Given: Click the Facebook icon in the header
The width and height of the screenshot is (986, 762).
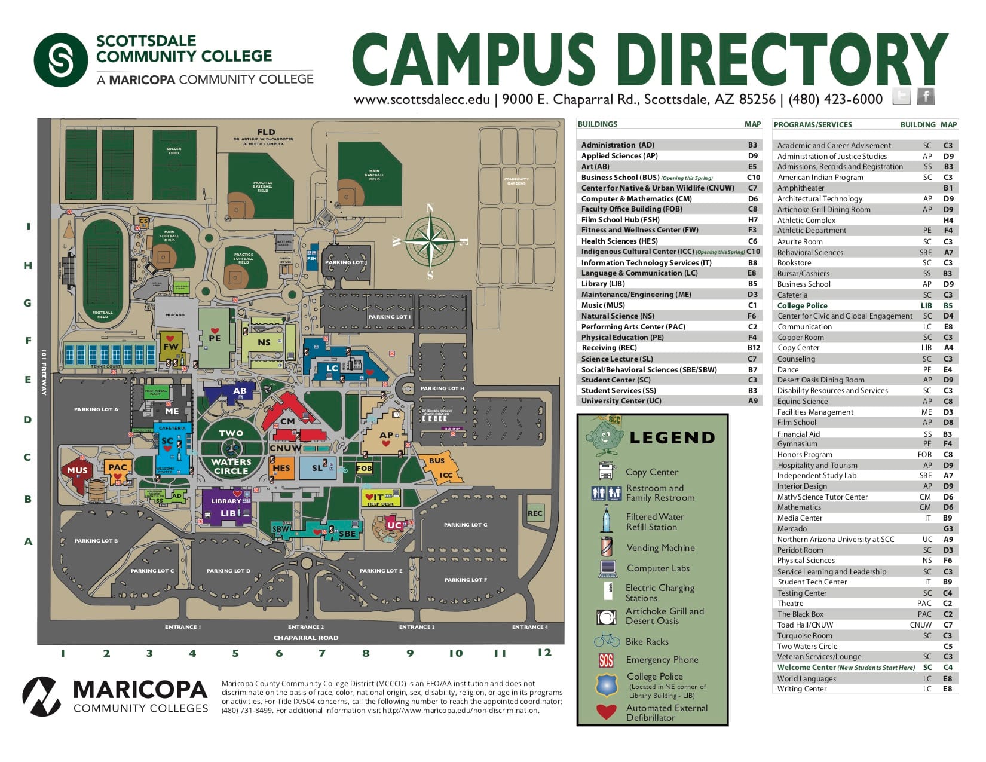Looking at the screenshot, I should (925, 96).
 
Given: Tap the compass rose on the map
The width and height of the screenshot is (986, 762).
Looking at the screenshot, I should (430, 241).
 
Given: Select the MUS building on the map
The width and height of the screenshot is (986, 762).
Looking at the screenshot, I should (77, 471).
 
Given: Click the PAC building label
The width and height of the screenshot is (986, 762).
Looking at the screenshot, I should (118, 467).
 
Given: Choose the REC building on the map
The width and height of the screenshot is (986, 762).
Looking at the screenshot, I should (535, 513).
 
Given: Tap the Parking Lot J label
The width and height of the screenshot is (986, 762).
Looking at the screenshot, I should (346, 262).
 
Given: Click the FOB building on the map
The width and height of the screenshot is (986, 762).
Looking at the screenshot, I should (364, 469).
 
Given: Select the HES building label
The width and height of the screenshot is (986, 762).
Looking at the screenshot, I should (281, 468).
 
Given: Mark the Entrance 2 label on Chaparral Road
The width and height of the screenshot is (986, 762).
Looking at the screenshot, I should (306, 627).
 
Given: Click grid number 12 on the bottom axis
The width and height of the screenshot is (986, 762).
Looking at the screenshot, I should (544, 653).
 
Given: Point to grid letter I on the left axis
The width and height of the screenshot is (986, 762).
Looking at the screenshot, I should (27, 227).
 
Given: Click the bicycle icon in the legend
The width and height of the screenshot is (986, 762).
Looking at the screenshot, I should (607, 641).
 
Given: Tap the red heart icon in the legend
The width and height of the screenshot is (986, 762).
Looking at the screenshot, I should (606, 712).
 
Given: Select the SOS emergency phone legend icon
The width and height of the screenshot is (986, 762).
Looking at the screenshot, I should (606, 660).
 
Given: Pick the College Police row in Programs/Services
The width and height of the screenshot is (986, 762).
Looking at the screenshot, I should (803, 305).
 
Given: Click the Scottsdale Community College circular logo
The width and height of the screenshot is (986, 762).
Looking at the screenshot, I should (61, 60).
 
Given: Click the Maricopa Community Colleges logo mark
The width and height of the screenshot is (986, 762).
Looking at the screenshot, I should (41, 696).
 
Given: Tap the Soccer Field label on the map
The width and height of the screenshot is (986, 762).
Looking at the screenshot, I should (173, 151).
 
